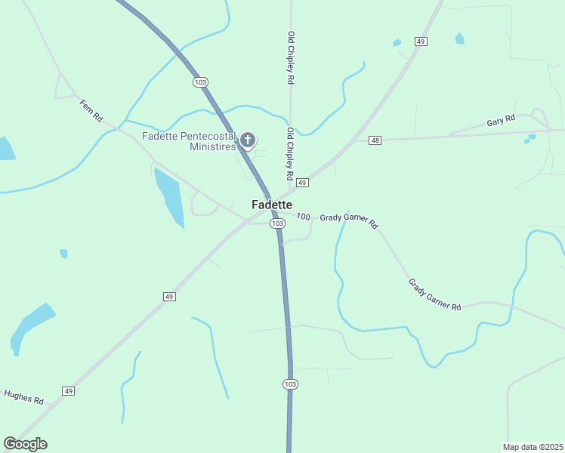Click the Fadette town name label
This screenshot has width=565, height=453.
coord(272,205)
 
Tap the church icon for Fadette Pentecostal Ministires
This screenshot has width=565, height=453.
coord(247,140)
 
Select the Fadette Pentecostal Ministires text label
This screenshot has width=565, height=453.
coord(189,141)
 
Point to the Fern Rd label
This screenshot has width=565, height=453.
coord(91,111)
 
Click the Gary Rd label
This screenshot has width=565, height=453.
coord(501,120)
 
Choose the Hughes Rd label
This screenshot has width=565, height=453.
coord(23,396)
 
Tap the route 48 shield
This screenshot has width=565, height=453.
coord(375,140)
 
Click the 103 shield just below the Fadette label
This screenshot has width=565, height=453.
coord(277,223)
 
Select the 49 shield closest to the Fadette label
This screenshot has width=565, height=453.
coord(301,183)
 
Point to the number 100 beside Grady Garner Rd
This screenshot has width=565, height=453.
coord(304,217)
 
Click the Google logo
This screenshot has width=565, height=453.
coord(25,444)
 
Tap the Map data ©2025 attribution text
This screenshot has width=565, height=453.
coord(533,446)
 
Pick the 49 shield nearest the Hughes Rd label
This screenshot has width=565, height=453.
coord(69,390)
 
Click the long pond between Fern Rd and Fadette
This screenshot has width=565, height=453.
coord(169,196)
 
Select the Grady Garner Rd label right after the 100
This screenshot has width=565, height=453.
coord(348,220)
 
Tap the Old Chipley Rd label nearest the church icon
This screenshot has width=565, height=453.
coord(290,153)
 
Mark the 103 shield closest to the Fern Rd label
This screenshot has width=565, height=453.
coord(199,82)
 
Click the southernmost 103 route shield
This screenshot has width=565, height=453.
coord(290,384)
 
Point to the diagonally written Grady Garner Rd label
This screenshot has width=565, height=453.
coord(434,295)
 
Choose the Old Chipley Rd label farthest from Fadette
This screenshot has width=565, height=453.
coord(290,57)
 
